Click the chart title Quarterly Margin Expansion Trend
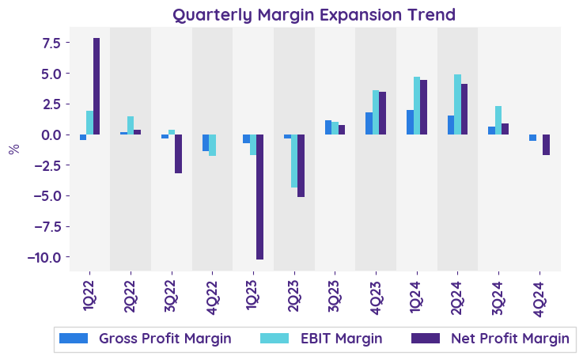click(314, 15)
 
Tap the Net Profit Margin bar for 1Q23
click(259, 197)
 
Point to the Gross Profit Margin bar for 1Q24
click(410, 122)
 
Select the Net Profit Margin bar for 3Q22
click(178, 153)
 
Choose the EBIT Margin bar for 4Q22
click(213, 145)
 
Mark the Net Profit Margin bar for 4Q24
click(546, 145)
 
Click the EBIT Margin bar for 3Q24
click(498, 120)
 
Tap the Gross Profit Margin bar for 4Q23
click(369, 123)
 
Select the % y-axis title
click(13, 149)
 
